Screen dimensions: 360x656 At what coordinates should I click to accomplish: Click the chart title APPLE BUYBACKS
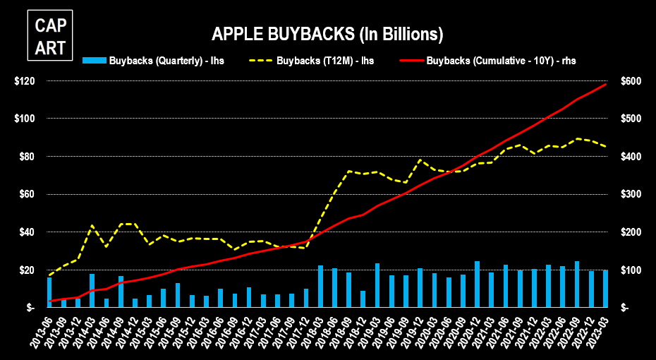tap(327, 33)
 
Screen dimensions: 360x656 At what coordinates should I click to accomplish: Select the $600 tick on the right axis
tap(629, 81)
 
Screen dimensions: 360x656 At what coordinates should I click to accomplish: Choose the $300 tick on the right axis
tap(629, 194)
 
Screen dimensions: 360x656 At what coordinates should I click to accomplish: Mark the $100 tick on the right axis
tap(629, 270)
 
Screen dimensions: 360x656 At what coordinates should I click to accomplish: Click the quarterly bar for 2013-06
tap(49, 292)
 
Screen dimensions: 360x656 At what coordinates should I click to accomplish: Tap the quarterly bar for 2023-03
tap(605, 289)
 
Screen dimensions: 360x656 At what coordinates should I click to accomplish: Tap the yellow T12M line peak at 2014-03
tap(92, 226)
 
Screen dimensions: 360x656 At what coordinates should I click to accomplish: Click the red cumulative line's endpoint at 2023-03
tap(606, 85)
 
